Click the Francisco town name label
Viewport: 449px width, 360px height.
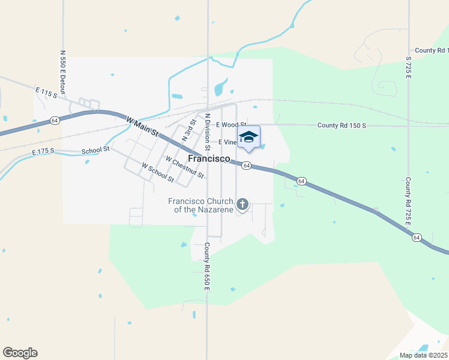pos(209,158)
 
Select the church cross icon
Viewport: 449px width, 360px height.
pos(243,205)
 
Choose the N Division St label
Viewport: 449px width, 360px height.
pos(207,131)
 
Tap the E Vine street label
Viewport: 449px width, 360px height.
pos(228,142)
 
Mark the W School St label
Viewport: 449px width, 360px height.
pos(157,173)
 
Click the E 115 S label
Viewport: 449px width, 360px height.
pos(46,92)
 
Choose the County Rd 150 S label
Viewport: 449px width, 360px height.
pos(342,125)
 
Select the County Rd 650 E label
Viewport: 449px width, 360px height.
pos(206,267)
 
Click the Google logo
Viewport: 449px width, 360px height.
pos(20,353)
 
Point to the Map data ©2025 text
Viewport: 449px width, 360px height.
pos(423,355)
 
